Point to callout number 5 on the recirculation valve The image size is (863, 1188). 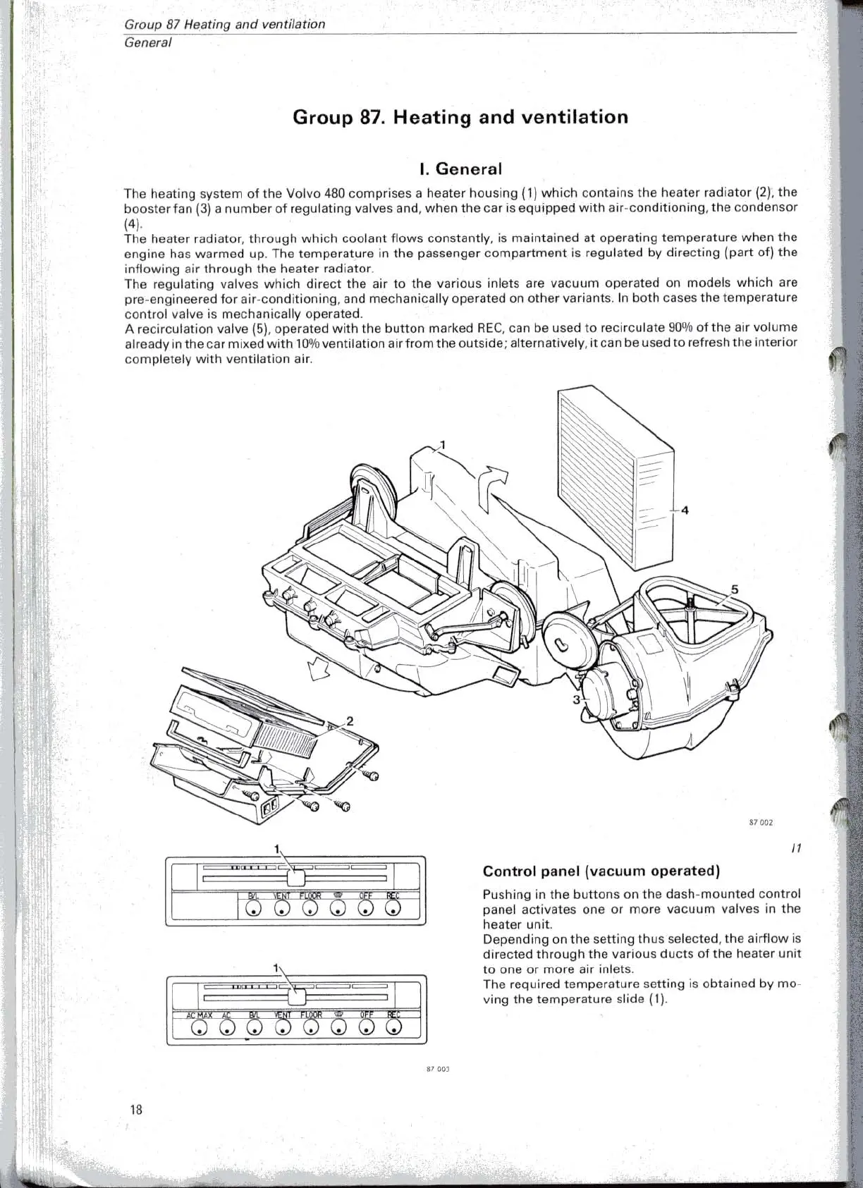pos(735,589)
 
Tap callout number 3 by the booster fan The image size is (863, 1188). pos(576,699)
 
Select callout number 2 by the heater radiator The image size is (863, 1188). pos(349,721)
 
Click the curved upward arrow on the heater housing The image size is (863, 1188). pos(492,486)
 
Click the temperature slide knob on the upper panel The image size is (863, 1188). pos(296,877)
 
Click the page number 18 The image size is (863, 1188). pos(136,1109)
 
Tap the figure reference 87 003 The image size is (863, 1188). pos(438,1069)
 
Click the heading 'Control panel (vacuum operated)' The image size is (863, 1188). pos(601,871)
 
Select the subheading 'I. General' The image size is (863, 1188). pos(460,169)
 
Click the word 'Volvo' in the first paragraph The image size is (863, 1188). pos(304,192)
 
